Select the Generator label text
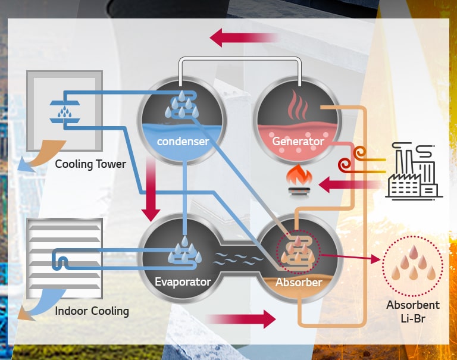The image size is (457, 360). [x=298, y=142]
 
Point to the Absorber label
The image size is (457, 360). [x=298, y=281]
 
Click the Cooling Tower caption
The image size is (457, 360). [x=90, y=164]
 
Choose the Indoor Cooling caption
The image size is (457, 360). [x=92, y=311]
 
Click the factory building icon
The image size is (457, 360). [x=413, y=172]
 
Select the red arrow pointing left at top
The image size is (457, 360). [x=244, y=39]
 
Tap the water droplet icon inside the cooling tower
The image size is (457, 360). [x=62, y=111]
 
